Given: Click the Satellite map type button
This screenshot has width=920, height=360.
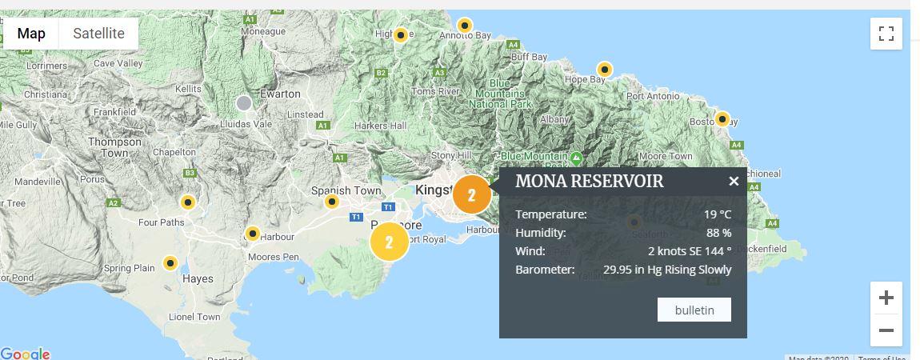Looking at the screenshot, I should point(98,34).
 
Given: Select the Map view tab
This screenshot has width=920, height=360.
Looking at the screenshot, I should point(31,34).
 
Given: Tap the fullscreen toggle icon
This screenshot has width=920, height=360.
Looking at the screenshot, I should point(886,34).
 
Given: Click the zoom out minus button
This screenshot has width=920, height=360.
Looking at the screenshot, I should point(886,330).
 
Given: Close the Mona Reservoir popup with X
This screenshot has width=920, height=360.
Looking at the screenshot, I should point(734,182).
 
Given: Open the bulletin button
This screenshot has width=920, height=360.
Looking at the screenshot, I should point(694,310).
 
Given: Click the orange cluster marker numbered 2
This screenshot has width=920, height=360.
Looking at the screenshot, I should point(471,195).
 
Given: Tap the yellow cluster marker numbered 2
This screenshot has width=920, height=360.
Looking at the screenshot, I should point(390,242).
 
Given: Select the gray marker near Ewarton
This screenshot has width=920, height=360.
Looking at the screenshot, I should point(244,103).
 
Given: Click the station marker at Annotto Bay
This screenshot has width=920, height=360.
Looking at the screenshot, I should point(463,25).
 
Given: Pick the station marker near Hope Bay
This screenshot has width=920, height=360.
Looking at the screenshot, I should point(605,70).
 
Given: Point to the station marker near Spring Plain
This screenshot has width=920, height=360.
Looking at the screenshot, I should point(170,262).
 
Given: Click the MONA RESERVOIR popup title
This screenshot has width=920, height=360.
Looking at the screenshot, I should point(589,181).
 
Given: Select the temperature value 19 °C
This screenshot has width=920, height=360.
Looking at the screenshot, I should point(718,214).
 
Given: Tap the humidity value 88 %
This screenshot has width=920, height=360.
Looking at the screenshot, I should point(718,233).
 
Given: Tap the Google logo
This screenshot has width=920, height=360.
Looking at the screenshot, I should point(26,354).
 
